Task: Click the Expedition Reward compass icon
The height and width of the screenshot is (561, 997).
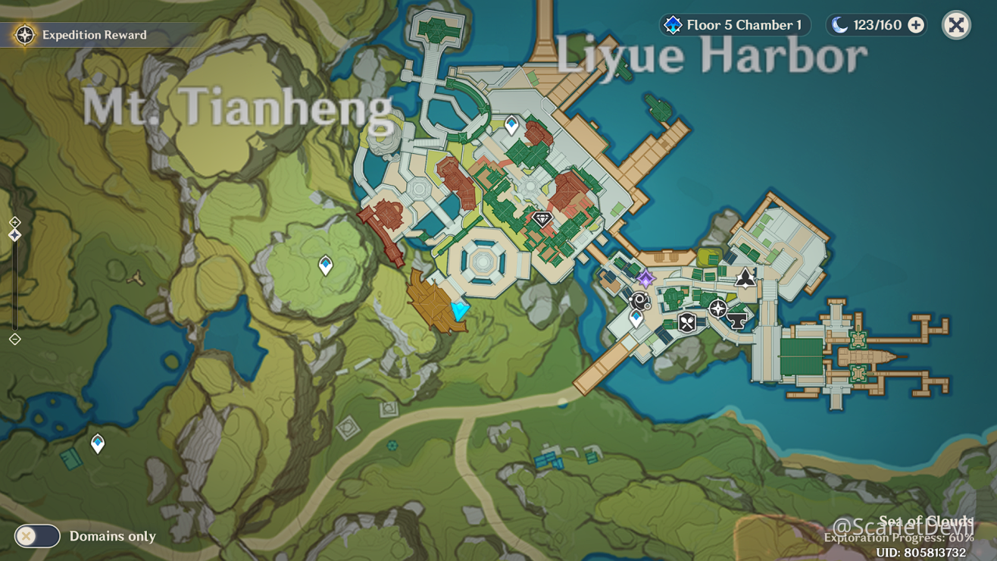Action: [x=24, y=35]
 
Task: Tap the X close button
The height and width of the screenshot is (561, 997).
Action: [x=956, y=25]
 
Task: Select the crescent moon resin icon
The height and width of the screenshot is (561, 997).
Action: [x=839, y=25]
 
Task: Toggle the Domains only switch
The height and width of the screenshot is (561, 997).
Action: [x=37, y=536]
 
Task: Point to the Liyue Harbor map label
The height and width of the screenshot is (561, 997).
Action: [x=711, y=55]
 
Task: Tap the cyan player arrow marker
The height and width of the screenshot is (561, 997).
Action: [x=460, y=310]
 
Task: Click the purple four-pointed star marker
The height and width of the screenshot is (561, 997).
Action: [x=645, y=278]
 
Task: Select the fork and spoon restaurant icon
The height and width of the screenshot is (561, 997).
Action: [x=687, y=322]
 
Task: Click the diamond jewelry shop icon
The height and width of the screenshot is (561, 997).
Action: [x=542, y=220]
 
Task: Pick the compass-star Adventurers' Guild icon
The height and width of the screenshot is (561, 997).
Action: [x=717, y=308]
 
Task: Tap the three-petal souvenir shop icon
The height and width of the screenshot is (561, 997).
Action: [x=745, y=277]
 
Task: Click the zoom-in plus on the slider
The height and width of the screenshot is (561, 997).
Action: [x=14, y=222]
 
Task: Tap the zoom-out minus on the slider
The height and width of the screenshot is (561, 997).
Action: [x=14, y=339]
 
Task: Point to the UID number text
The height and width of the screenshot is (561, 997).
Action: [x=920, y=553]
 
